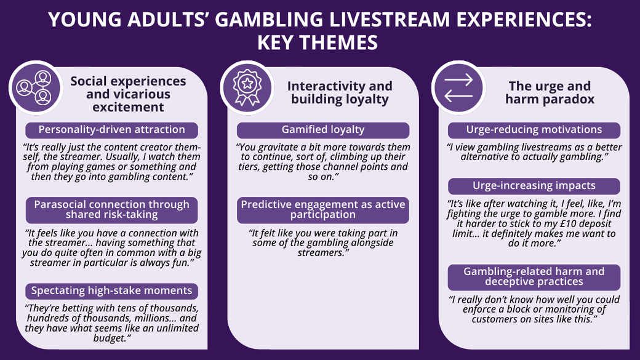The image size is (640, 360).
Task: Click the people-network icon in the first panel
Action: pyautogui.click(x=36, y=87)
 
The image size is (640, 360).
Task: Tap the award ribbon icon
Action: pyautogui.click(x=247, y=87)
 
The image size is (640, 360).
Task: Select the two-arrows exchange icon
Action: pyautogui.click(x=458, y=87)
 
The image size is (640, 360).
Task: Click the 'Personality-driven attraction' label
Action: pyautogui.click(x=111, y=130)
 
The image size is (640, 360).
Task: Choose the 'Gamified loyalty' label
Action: pyautogui.click(x=323, y=130)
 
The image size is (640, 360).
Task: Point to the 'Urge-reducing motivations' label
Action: pyautogui.click(x=534, y=130)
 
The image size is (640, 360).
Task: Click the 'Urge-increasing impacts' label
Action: pyautogui.click(x=534, y=186)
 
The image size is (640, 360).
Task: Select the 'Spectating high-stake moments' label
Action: pyautogui.click(x=111, y=290)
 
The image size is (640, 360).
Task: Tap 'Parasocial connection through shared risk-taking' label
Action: pyautogui.click(x=111, y=210)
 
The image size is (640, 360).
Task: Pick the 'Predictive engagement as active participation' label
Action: pyautogui.click(x=323, y=210)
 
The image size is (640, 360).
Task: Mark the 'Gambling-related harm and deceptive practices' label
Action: pyautogui.click(x=534, y=277)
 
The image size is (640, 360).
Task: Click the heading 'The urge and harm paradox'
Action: pyautogui.click(x=550, y=93)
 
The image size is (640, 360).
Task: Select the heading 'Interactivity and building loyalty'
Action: pyautogui.click(x=340, y=93)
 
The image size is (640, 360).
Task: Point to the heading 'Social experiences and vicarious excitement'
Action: pyautogui.click(x=128, y=94)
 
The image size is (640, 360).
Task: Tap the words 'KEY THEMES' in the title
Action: pyautogui.click(x=318, y=42)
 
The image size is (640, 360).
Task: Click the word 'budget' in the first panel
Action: pyautogui.click(x=108, y=338)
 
